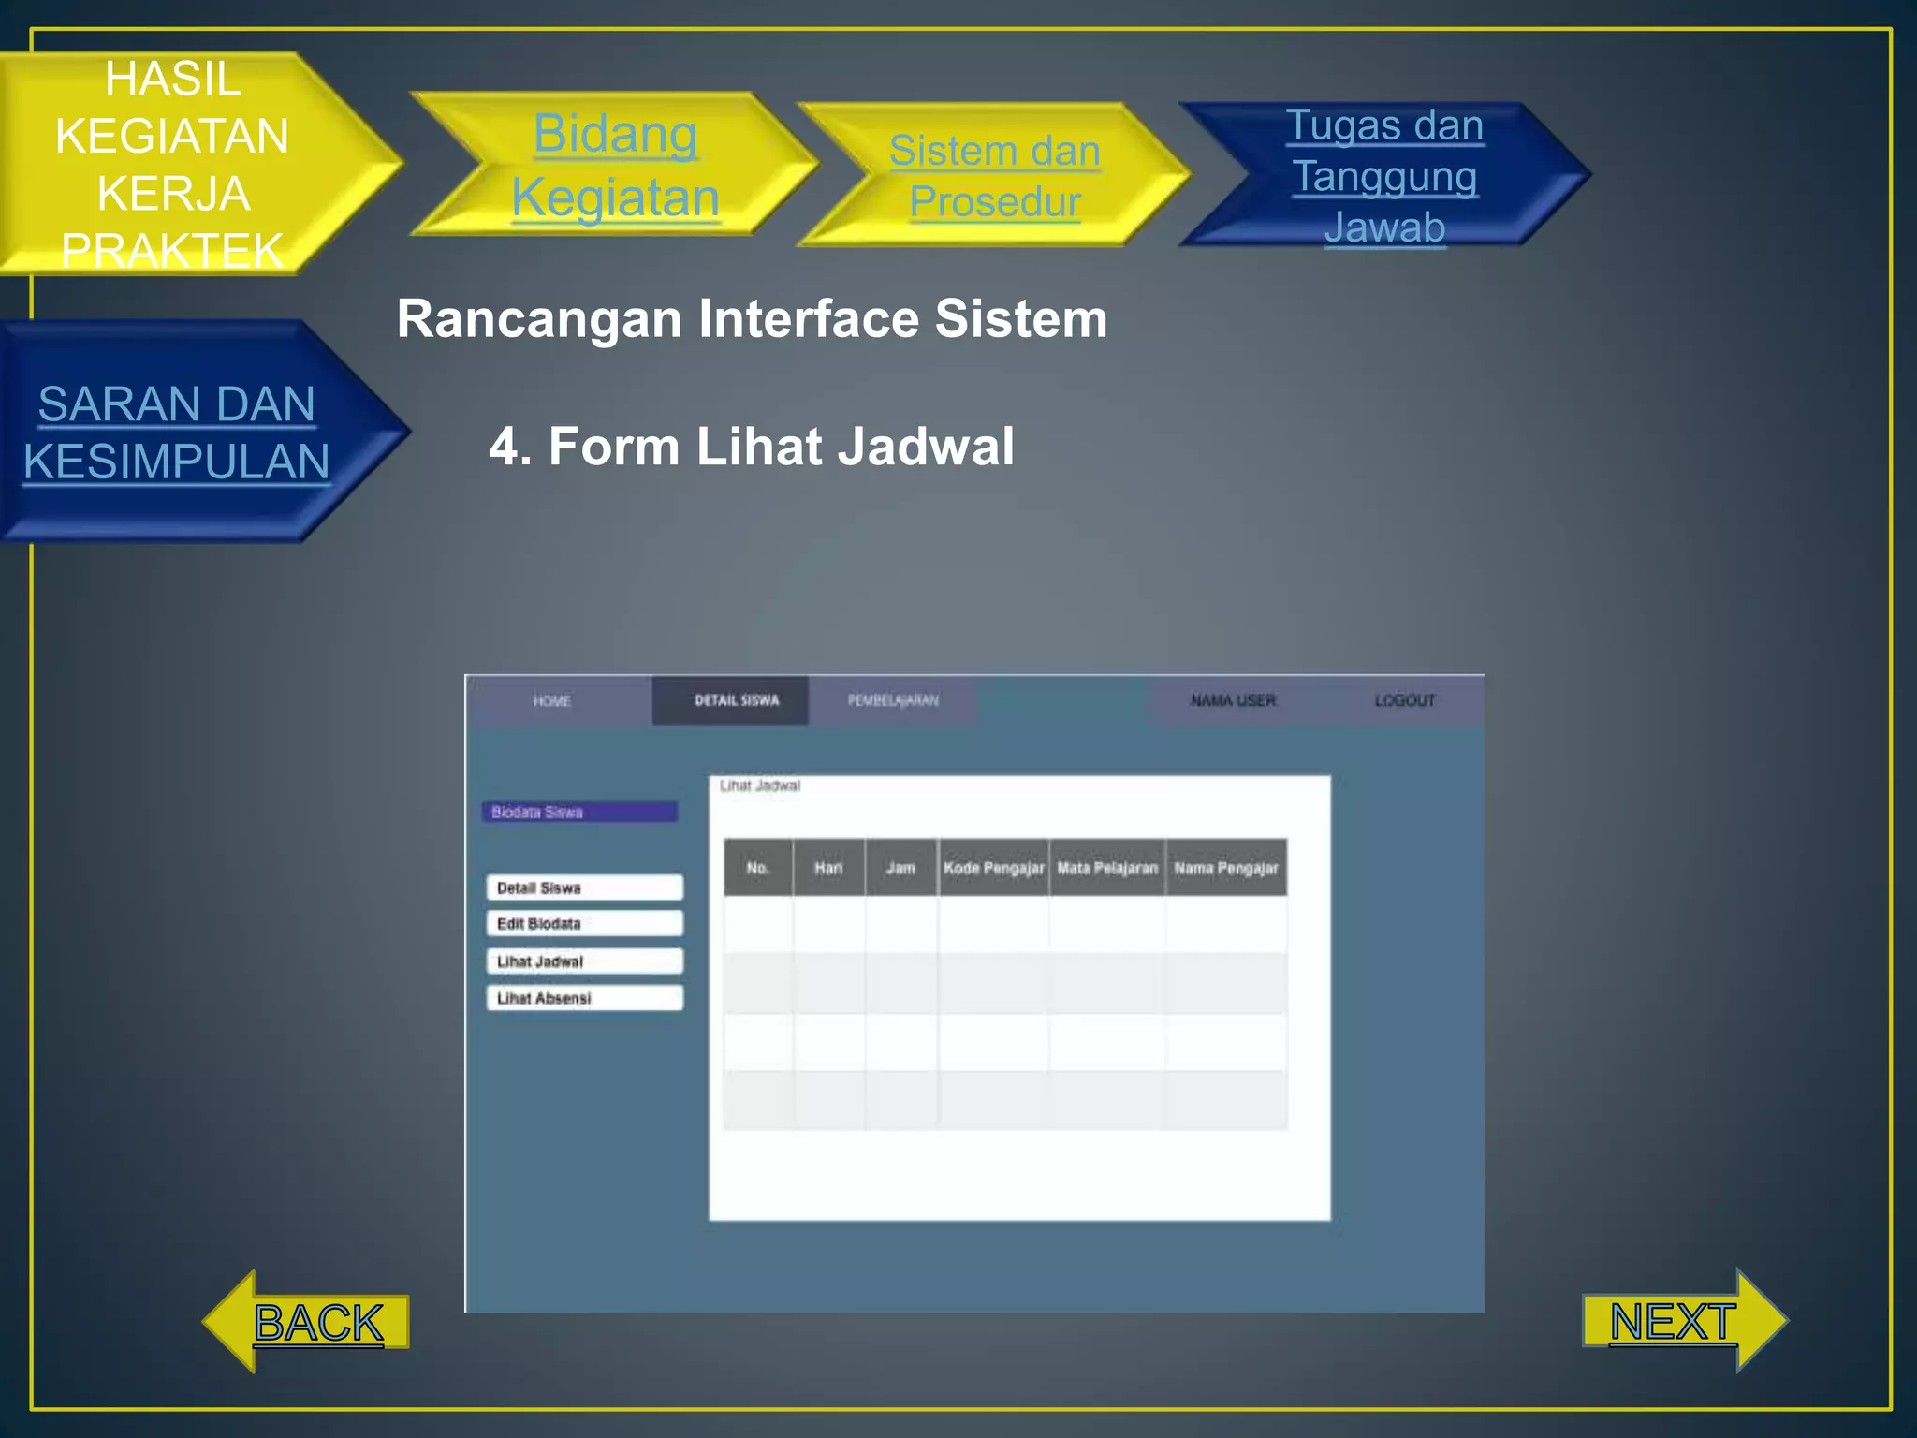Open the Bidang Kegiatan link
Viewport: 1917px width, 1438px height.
pos(615,165)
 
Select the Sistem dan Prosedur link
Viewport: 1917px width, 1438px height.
pos(994,176)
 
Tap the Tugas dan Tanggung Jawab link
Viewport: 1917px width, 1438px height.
pos(1384,176)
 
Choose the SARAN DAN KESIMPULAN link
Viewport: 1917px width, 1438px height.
pos(176,433)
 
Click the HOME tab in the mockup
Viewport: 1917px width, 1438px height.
pos(551,700)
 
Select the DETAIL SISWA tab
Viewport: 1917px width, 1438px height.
pos(737,700)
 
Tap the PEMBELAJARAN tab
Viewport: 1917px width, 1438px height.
pos(893,700)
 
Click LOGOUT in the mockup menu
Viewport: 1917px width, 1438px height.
pos(1404,700)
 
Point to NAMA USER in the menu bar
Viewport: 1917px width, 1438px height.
pos(1233,700)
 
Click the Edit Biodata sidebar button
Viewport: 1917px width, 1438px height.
pos(584,924)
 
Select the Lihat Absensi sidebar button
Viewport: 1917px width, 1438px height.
pos(584,998)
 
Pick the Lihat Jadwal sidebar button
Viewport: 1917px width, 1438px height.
pos(584,961)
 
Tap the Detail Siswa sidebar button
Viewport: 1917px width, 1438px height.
pos(584,888)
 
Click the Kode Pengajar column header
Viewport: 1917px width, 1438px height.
pos(993,868)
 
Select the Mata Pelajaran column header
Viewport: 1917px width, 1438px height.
pos(1107,868)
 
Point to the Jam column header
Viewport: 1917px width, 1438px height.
pos(900,868)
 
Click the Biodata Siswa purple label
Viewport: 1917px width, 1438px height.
pos(579,812)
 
